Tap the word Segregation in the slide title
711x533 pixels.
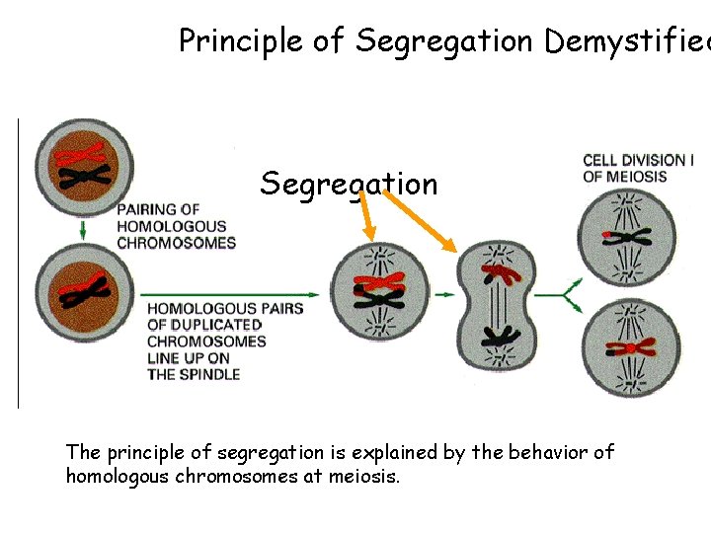coord(443,40)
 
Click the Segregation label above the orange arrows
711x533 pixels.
coord(349,184)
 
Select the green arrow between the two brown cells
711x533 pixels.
coord(83,228)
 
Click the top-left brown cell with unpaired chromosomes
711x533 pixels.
coord(83,168)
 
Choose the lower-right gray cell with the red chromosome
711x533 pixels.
coord(628,347)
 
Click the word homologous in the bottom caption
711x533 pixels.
coord(113,477)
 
